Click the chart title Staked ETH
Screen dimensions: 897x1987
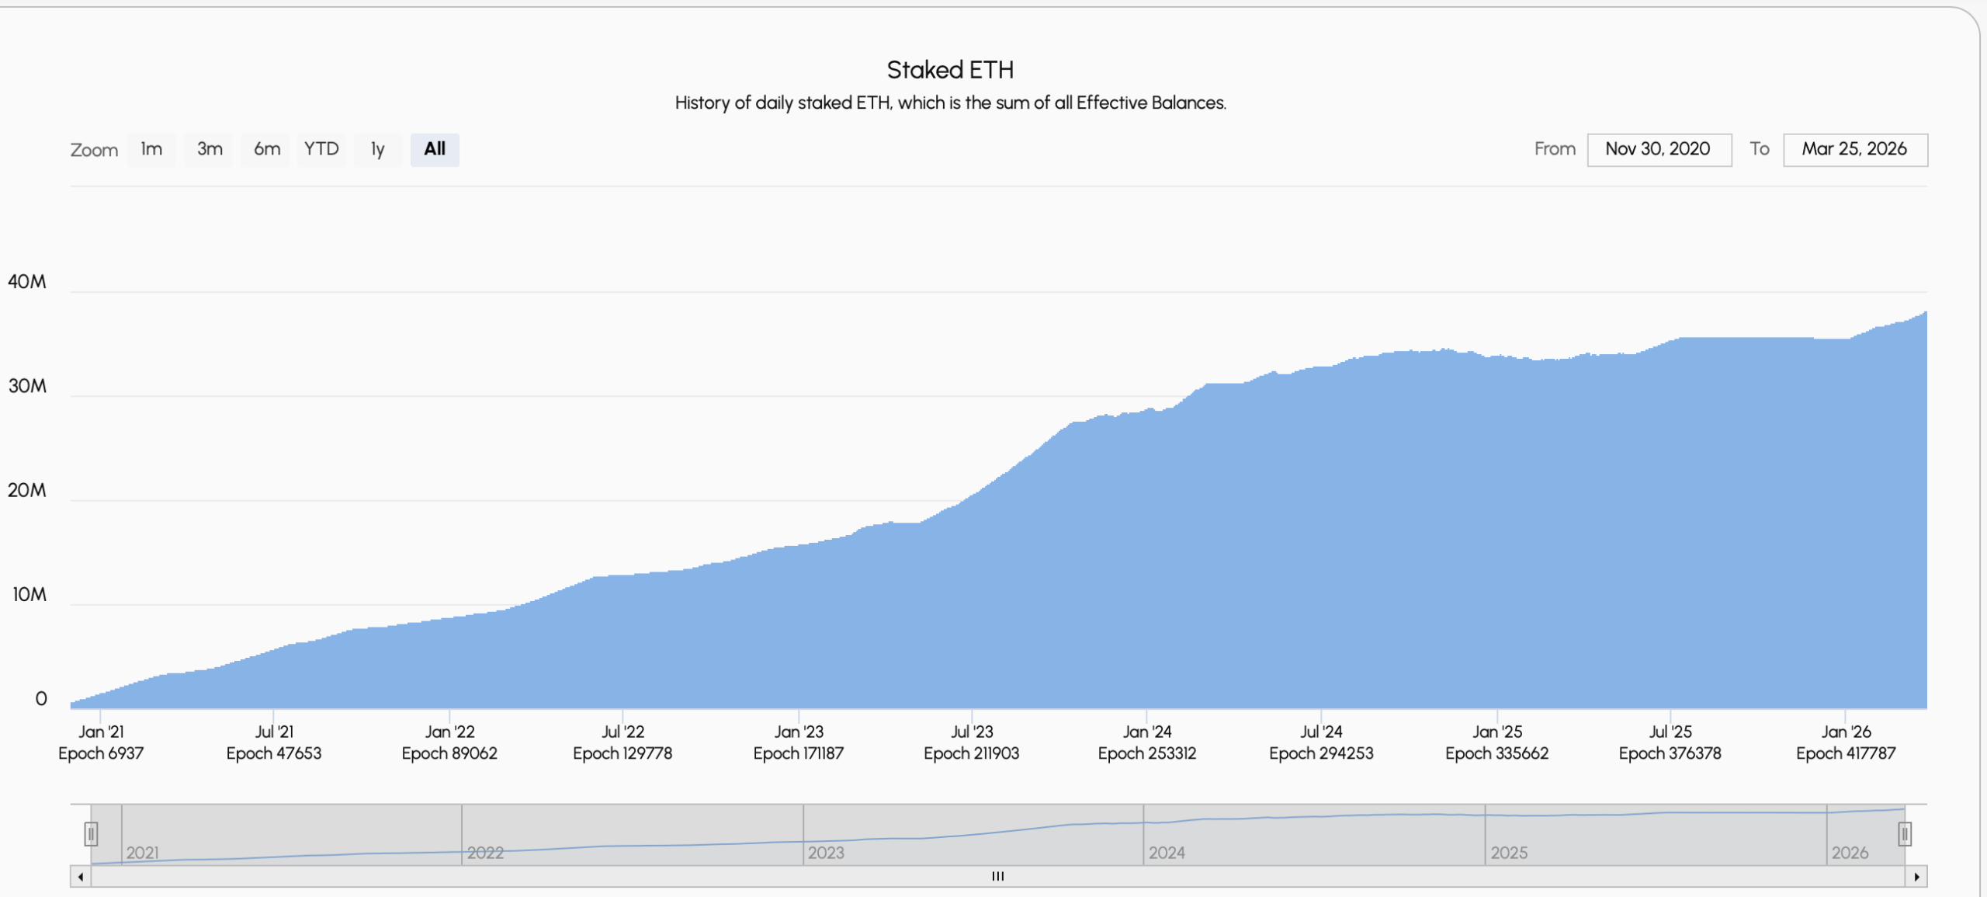(x=950, y=70)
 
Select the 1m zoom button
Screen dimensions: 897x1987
(x=151, y=149)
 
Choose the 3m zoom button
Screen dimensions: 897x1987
(x=210, y=149)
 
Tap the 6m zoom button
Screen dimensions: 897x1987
(x=267, y=149)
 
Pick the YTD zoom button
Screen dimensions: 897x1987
(x=321, y=149)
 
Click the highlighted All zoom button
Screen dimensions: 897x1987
(x=435, y=149)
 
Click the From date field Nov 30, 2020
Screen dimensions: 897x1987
(x=1659, y=149)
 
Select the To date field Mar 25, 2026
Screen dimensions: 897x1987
(x=1854, y=149)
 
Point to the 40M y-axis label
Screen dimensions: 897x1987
(x=27, y=282)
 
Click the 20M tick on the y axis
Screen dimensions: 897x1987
(x=27, y=490)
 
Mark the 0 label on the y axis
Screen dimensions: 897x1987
(x=41, y=699)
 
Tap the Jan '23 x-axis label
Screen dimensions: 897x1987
(x=798, y=732)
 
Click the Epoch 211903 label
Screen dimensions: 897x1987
(x=971, y=753)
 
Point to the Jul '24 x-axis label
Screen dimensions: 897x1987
(x=1321, y=732)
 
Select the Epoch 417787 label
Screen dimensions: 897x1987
(x=1846, y=753)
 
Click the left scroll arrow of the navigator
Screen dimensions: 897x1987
(x=81, y=877)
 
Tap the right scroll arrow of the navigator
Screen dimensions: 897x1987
(x=1916, y=877)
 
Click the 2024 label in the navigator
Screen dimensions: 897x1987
(x=1167, y=853)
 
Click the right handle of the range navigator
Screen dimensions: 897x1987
(x=1904, y=834)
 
